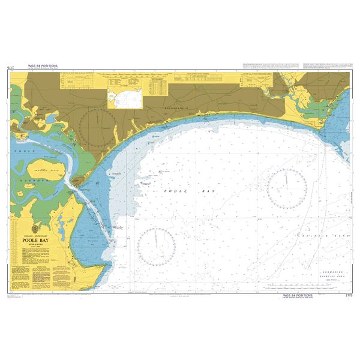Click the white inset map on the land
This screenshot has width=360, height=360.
123,98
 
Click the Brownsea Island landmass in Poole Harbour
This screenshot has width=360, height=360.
43,171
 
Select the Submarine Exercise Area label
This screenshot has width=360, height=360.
321,265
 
